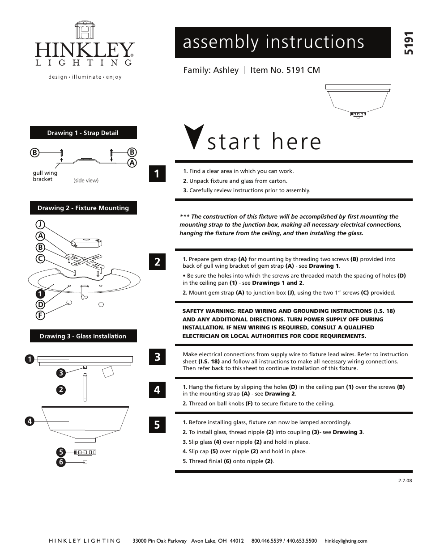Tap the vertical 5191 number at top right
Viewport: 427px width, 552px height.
(x=408, y=43)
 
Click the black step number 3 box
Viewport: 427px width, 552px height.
(x=157, y=357)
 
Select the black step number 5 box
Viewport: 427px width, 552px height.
(x=157, y=424)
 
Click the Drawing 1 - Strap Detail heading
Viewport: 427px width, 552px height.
(x=83, y=133)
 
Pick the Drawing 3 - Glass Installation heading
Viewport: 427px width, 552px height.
(x=83, y=336)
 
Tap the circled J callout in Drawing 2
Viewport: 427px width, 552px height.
(x=40, y=224)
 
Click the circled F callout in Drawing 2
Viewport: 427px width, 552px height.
(x=40, y=315)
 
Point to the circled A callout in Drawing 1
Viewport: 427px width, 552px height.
(x=132, y=163)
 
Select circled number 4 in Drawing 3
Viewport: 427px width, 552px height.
(x=30, y=421)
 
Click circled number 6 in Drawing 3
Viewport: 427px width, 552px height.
(x=61, y=462)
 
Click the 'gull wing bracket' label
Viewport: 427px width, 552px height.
(x=45, y=176)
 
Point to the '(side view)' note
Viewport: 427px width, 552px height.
(x=85, y=181)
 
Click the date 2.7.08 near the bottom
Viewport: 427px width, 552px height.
(x=405, y=481)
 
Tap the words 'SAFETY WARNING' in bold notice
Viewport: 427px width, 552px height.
(x=205, y=311)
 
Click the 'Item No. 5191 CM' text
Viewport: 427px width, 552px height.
(x=285, y=70)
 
